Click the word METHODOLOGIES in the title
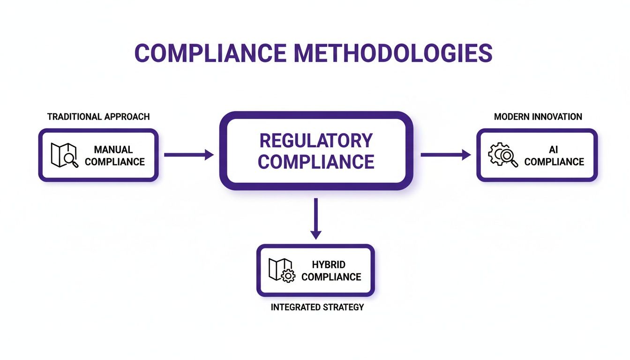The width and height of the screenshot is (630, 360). tap(393, 53)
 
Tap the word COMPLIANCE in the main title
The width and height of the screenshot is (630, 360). tap(210, 53)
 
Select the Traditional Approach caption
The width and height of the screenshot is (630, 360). tap(98, 117)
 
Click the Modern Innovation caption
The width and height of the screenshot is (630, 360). tap(538, 117)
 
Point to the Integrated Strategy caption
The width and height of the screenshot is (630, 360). tap(317, 308)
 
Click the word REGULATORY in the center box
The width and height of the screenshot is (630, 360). tap(316, 140)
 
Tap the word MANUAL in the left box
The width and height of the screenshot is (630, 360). tap(113, 150)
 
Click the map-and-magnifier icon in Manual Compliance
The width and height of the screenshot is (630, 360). tap(64, 155)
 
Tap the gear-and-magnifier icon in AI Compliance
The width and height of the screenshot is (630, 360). tap(503, 155)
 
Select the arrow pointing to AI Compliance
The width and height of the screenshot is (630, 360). tap(445, 155)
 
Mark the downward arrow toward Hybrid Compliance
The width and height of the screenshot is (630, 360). tap(316, 218)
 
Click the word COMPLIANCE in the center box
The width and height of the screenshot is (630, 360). tap(316, 162)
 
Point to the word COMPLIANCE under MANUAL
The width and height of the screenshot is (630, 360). tap(115, 162)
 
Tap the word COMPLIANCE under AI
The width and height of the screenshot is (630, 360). tap(554, 162)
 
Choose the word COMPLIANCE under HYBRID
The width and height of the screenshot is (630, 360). tap(331, 277)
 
